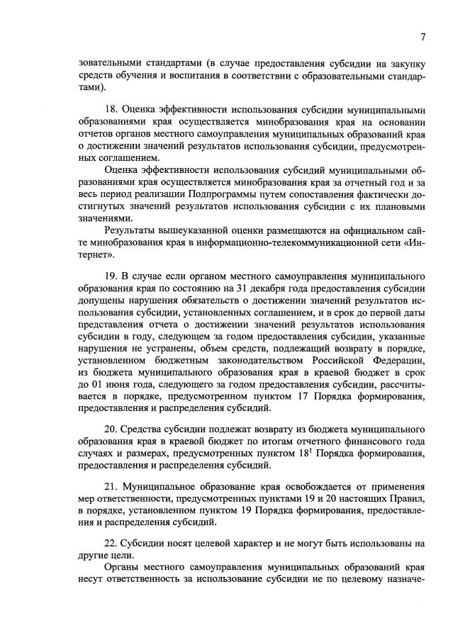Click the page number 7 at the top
(423, 38)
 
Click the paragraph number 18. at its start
(111, 110)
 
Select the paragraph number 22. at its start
(111, 544)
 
